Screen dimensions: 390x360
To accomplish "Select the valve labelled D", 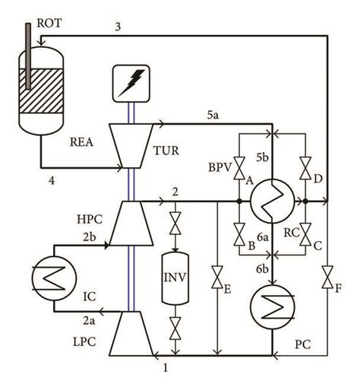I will pyautogui.click(x=305, y=165).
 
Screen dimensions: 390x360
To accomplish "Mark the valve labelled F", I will pyautogui.click(x=328, y=273).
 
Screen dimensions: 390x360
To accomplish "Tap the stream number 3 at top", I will pyautogui.click(x=117, y=27).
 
